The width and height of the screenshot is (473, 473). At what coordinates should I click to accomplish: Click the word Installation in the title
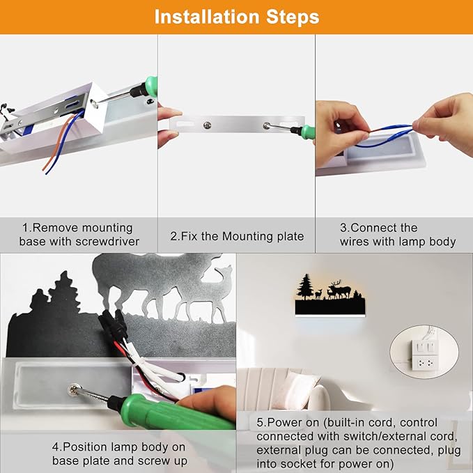click(207, 17)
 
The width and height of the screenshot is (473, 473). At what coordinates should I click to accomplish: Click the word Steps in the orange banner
click(293, 17)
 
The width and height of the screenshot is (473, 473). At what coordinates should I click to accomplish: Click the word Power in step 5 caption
click(284, 423)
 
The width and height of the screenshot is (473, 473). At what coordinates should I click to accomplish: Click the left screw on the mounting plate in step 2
click(207, 125)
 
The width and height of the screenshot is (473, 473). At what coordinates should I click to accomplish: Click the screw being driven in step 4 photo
click(74, 389)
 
